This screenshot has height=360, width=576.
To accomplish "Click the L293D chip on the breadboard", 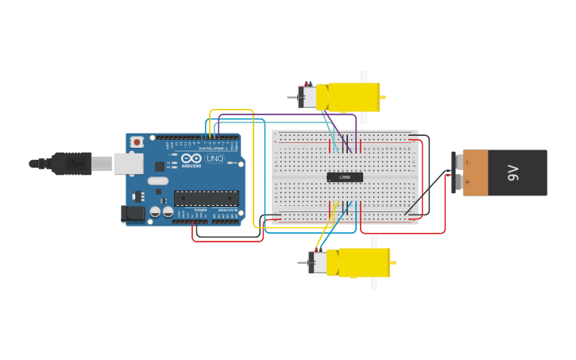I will point(345,176).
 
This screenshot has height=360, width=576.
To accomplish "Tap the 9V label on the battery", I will point(514,172).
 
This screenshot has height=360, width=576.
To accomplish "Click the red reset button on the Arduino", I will point(137,142).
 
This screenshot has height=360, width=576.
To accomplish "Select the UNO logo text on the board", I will point(215,158).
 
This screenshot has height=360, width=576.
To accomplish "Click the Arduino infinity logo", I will point(191,157).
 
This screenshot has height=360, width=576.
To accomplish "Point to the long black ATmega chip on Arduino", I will point(206,198).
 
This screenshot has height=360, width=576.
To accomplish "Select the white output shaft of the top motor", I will point(363,76).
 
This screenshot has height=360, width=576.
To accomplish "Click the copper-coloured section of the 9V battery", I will point(476,172).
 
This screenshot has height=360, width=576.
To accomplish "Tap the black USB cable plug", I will point(72,163).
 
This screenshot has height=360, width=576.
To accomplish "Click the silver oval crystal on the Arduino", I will point(158,181).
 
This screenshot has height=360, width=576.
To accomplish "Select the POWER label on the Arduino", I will point(200,210).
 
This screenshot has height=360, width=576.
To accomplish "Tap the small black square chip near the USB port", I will point(160,166).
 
